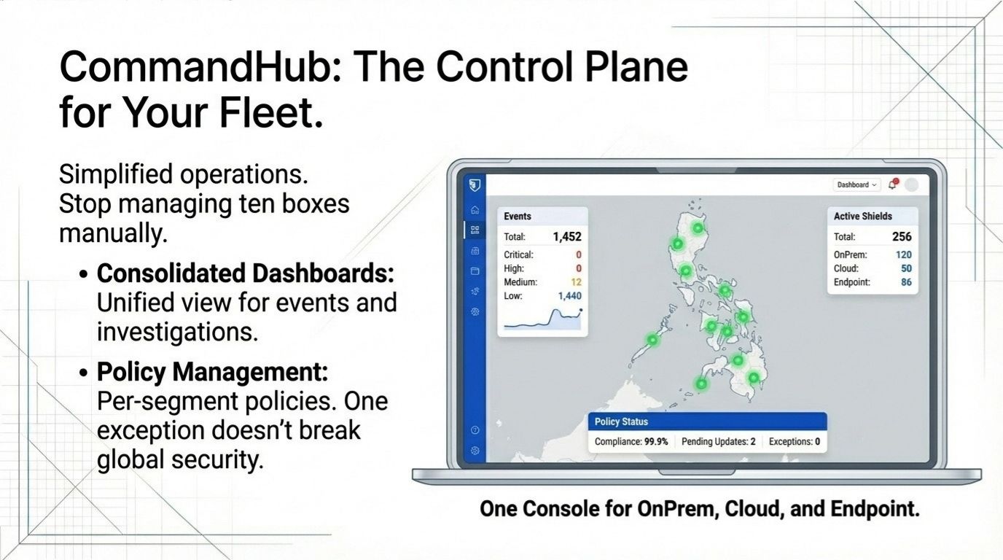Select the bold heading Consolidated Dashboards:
tap(245, 273)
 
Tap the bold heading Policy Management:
tap(212, 373)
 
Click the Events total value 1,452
tap(566, 236)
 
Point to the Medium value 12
tap(576, 282)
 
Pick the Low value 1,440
tap(569, 296)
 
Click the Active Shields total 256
tap(901, 236)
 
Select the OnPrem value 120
tap(903, 254)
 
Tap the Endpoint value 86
tap(905, 282)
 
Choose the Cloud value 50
tap(905, 268)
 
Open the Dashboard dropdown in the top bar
tap(856, 185)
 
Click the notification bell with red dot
tap(893, 184)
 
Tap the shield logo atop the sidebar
tap(475, 185)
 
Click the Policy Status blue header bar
tap(707, 421)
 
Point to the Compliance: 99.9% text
tap(631, 441)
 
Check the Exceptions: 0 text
tap(794, 441)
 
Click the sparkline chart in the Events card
tap(542, 319)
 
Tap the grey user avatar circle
tap(911, 185)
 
